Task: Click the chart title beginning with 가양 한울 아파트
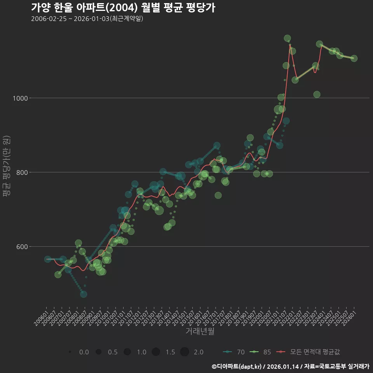[x=123, y=8]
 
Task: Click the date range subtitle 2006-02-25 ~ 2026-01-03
[x=87, y=19]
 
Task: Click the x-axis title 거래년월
[x=200, y=331]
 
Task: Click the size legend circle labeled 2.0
[x=184, y=352]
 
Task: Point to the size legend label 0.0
[x=84, y=352]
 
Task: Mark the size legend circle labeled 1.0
[x=127, y=352]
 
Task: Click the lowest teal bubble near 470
[x=84, y=294]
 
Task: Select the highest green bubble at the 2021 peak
[x=288, y=38]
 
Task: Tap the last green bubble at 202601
[x=354, y=58]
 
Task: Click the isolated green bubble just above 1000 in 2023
[x=317, y=94]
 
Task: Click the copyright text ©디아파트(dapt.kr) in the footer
[x=237, y=366]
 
